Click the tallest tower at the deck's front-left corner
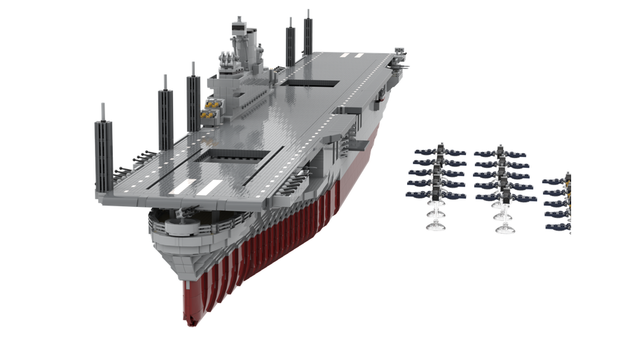coord(103,144)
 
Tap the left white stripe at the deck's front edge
coord(183,186)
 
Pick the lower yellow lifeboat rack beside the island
coord(207,114)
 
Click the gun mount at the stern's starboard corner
coord(402,61)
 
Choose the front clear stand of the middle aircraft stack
coord(504,222)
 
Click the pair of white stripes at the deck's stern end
coord(347,55)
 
